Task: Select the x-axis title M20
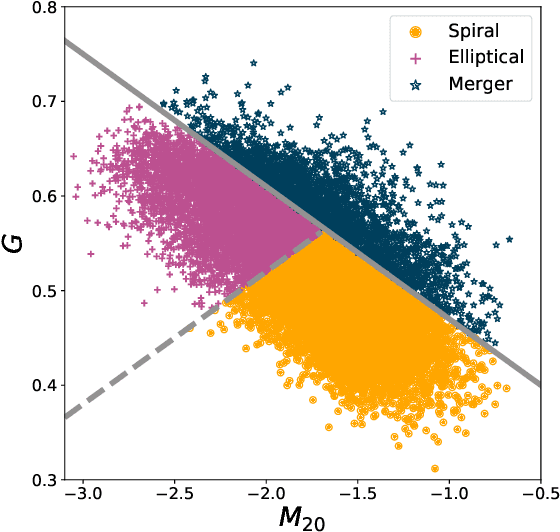click(303, 518)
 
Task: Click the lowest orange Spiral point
click(434, 467)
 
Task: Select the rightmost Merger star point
click(509, 239)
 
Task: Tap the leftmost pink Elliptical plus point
click(73, 156)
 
